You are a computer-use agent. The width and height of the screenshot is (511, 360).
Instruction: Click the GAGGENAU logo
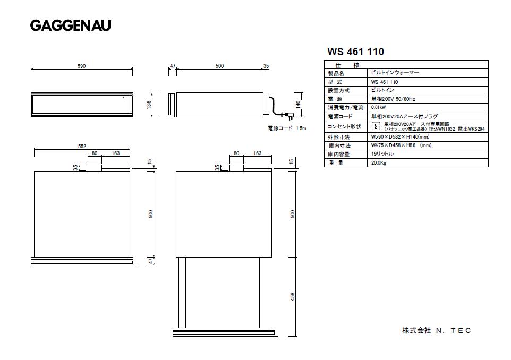pyautogui.click(x=70, y=25)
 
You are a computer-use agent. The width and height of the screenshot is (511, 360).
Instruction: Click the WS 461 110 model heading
pyautogui.click(x=355, y=52)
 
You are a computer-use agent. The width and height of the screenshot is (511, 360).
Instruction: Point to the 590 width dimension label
pyautogui.click(x=81, y=66)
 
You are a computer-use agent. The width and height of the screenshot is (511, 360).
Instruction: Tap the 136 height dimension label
pyautogui.click(x=149, y=104)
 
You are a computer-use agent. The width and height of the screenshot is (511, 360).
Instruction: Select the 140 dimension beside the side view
pyautogui.click(x=299, y=104)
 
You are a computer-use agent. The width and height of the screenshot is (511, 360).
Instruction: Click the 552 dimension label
pyautogui.click(x=82, y=146)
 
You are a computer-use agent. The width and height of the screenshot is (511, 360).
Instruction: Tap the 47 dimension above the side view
pyautogui.click(x=173, y=66)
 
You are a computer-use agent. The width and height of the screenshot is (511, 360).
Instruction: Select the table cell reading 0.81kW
pyautogui.click(x=378, y=107)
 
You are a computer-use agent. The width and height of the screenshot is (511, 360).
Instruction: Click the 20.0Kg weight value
pyautogui.click(x=379, y=163)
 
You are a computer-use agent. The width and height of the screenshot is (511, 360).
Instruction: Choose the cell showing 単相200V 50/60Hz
pyautogui.click(x=393, y=99)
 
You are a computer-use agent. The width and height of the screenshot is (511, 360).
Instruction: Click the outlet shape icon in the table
pyautogui.click(x=376, y=126)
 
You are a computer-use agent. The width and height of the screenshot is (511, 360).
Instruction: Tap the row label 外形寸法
pyautogui.click(x=338, y=138)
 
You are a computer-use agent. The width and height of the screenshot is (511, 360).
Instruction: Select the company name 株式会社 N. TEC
pyautogui.click(x=436, y=330)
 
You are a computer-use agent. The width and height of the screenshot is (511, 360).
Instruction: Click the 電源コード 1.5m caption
pyautogui.click(x=287, y=128)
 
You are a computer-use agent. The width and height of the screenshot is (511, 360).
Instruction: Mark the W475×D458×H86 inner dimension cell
pyautogui.click(x=401, y=145)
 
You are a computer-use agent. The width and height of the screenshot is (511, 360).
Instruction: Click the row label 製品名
pyautogui.click(x=336, y=74)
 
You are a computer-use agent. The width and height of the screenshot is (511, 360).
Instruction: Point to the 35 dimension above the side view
pyautogui.click(x=266, y=66)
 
